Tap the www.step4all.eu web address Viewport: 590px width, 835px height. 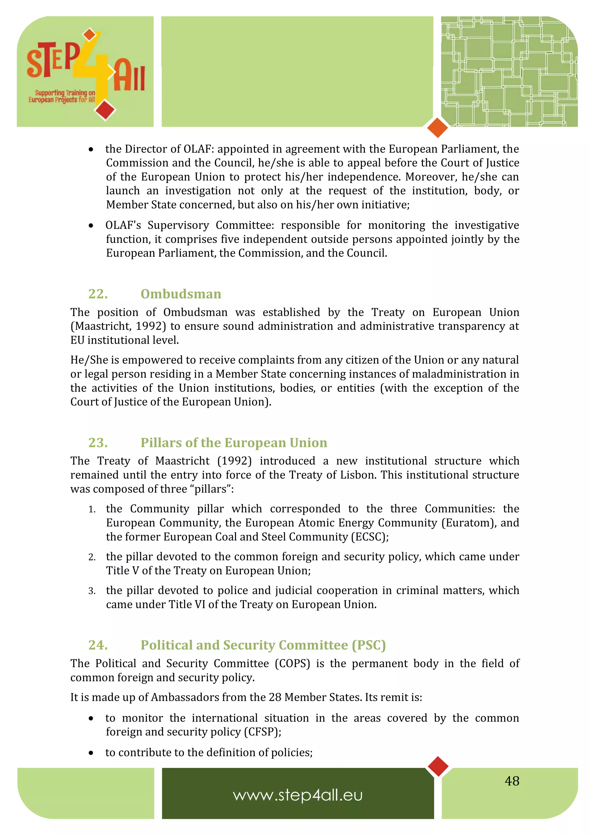(298, 795)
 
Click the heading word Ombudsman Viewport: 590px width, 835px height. (181, 294)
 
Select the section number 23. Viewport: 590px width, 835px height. (98, 443)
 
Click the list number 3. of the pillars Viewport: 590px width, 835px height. (92, 591)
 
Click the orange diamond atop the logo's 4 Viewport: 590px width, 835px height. (89, 35)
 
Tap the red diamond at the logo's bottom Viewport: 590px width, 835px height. (105, 110)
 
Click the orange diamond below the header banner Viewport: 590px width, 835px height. (437, 128)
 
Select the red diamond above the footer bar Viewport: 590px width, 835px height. (438, 766)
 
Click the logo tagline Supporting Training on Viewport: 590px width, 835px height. (65, 93)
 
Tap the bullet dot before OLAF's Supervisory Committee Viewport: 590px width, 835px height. (91, 226)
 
